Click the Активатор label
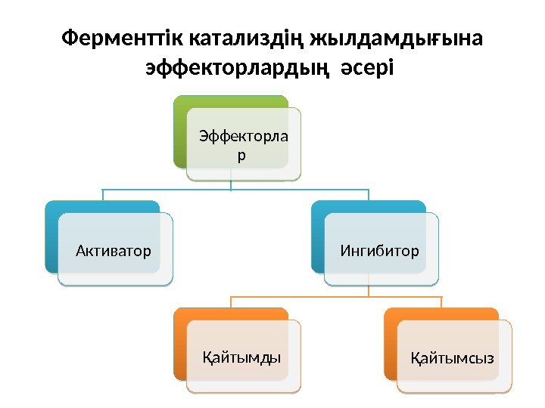coord(114,249)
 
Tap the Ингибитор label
coord(379,249)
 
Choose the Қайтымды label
coord(241,356)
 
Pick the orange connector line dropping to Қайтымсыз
coord(441,302)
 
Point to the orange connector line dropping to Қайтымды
coord(231,302)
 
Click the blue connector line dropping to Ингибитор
coord(369,195)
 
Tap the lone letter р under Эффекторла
coord(241,155)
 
